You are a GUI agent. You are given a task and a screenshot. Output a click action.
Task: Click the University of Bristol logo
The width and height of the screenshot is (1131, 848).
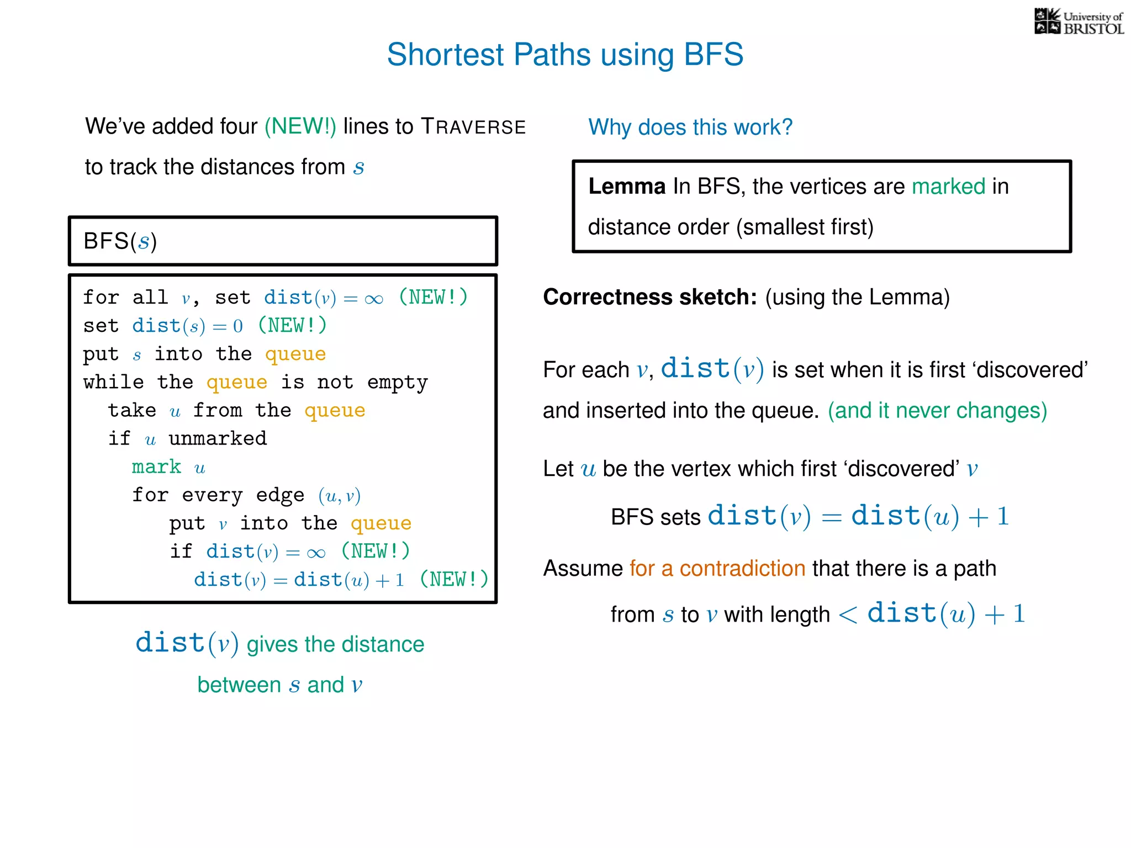pos(1079,22)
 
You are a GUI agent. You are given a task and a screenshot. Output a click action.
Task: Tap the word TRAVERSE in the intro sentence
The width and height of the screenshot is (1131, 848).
pos(473,127)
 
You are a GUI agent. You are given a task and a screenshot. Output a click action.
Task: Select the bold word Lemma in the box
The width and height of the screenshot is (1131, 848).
pos(626,187)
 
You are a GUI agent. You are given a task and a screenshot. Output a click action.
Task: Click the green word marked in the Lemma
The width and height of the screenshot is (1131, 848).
pos(948,187)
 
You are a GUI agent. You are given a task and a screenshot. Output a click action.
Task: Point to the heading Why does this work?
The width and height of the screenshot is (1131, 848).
pos(690,128)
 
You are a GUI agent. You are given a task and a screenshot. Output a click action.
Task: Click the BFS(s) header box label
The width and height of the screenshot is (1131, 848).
pos(120,241)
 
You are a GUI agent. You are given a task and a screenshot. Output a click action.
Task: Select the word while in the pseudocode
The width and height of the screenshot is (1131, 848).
pos(113,382)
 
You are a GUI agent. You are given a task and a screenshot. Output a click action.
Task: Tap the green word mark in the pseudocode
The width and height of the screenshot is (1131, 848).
pos(156,467)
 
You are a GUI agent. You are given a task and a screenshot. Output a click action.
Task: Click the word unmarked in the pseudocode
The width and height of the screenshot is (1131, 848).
pos(218,439)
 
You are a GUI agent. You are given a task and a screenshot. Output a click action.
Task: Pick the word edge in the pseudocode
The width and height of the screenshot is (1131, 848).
pos(280,495)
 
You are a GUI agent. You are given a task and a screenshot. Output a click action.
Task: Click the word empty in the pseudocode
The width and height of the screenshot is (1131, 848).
pos(397,383)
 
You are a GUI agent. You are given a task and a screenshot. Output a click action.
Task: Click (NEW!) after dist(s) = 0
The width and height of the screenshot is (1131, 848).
pos(292,326)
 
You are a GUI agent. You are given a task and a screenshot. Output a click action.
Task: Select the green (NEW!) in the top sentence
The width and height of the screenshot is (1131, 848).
pos(300,126)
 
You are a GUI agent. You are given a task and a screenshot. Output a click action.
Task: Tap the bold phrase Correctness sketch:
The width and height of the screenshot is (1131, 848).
pos(649,297)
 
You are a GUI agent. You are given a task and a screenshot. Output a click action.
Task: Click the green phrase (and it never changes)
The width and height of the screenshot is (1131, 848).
pos(937,411)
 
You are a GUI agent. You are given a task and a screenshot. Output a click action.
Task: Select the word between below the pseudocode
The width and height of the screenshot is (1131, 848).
pos(239,685)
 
